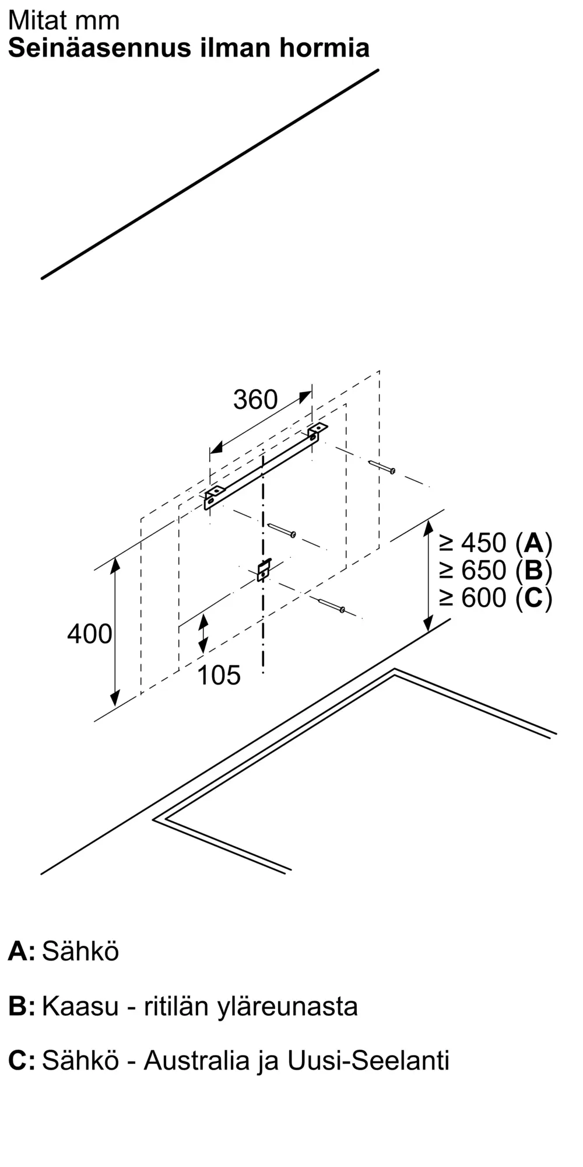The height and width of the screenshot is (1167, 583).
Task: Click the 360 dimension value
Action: pos(255,400)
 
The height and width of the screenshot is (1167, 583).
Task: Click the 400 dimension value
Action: pos(89,634)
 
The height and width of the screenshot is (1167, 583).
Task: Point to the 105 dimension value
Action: pos(219,675)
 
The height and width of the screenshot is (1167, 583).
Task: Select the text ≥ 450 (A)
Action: pos(496,543)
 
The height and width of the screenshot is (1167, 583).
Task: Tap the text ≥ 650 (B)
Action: pos(496,570)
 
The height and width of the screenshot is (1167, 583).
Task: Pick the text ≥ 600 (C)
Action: pos(496,598)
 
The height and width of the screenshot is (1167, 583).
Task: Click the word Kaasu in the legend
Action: pos(80,1006)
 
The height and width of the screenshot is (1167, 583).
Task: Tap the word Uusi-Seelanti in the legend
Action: pos(368,1060)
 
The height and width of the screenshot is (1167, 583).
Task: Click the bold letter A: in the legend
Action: pos(22,951)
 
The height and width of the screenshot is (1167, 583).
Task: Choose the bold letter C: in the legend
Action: pos(22,1060)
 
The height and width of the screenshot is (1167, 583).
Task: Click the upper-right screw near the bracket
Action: pos(382,467)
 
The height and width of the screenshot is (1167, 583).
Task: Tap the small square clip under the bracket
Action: pos(264,569)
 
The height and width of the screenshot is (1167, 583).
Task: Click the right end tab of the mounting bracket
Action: pos(317,431)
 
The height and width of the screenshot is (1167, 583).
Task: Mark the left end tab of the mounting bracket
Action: pos(213,496)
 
